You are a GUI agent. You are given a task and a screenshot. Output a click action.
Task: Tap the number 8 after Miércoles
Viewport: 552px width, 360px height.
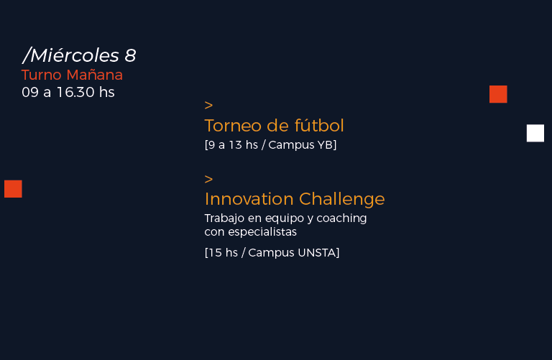coord(130,55)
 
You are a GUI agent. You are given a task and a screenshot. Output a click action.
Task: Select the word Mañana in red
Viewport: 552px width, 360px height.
coord(94,74)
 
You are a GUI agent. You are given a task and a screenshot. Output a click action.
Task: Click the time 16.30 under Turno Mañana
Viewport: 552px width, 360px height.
coord(75,92)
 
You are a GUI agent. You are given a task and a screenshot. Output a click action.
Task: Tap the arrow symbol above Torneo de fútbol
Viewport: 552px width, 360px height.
coord(208,105)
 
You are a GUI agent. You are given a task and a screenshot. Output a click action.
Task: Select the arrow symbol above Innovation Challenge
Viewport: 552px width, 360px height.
coord(208,179)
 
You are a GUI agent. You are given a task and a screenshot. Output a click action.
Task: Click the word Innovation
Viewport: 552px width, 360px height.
coord(249,199)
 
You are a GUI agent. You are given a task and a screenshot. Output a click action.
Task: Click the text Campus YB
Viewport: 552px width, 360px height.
coord(301,145)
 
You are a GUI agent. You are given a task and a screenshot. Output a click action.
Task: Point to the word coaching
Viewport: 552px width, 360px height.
coord(341,218)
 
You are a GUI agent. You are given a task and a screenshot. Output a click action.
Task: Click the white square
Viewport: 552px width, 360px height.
coord(535,133)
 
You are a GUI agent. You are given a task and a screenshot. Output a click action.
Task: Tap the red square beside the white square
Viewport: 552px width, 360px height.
coord(498,94)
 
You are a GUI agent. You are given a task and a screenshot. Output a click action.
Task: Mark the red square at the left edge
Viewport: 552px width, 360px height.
coord(13,188)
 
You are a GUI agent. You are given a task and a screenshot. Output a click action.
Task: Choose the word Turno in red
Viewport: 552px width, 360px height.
coord(42,75)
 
